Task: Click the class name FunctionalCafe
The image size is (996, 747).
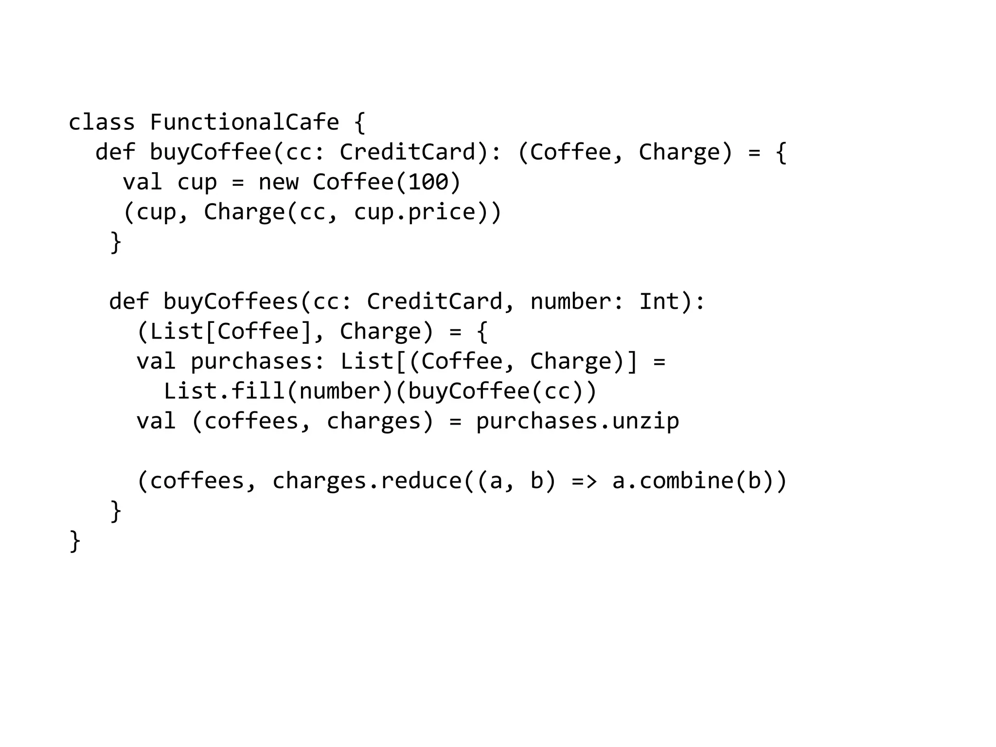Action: click(244, 122)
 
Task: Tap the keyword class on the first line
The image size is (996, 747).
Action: click(101, 122)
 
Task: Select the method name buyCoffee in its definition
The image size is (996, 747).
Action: click(210, 152)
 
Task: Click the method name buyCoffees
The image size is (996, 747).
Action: click(231, 302)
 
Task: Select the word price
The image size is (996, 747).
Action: click(442, 212)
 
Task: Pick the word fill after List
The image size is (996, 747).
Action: click(258, 391)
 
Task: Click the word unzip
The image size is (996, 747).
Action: click(645, 421)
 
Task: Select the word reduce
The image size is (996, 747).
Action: click(421, 481)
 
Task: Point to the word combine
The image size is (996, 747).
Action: click(686, 481)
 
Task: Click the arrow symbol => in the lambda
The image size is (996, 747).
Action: click(584, 481)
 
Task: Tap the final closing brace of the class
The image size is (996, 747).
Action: click(75, 541)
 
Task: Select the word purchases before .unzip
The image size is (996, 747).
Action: click(536, 421)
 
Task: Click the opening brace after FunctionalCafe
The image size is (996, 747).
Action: click(359, 122)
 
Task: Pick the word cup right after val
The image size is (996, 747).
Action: click(196, 182)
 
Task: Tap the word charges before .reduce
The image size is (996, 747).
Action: click(319, 481)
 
